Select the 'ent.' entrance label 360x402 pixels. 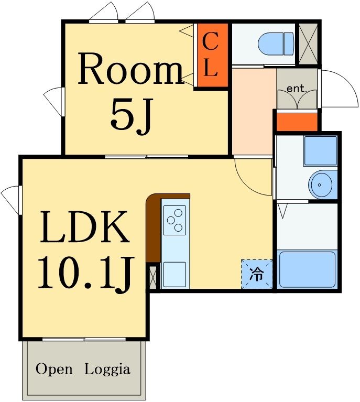pos(297,89)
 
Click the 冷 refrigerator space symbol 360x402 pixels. pos(257,274)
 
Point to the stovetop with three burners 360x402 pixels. pos(174,220)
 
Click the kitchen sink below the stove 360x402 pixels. pos(174,274)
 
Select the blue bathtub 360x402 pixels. pos(307,269)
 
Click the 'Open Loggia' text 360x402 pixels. pos(83,369)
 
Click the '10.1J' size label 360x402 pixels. pos(84,274)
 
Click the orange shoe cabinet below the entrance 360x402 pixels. pos(297,122)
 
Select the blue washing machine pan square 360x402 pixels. pos(320,151)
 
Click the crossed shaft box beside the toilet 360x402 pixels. pos(308,45)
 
